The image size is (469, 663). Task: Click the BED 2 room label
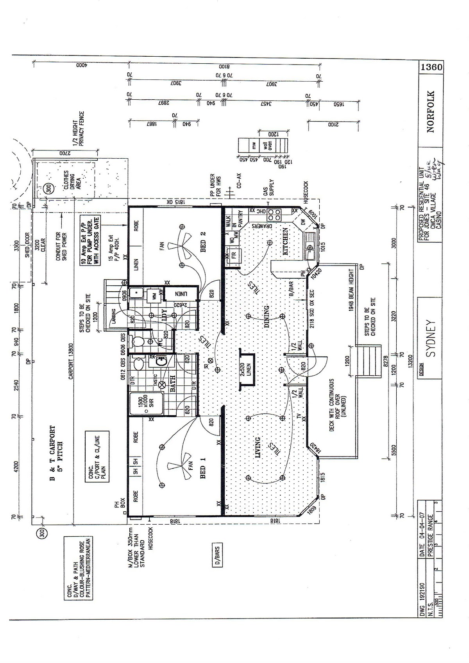[203, 242]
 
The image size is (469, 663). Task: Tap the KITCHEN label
[285, 242]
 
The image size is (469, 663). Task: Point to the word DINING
[266, 317]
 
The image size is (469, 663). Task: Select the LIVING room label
[258, 448]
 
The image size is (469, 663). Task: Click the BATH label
[172, 383]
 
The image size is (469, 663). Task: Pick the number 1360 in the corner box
[431, 67]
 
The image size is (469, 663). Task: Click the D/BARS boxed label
[217, 554]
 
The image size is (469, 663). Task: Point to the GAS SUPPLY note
[269, 188]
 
